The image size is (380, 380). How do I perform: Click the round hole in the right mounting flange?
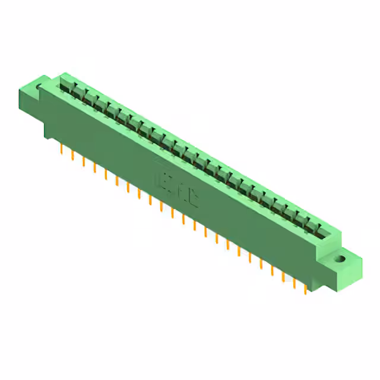[341, 259]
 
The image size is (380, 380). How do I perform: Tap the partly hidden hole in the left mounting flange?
[39, 90]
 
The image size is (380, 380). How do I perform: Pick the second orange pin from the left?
[72, 155]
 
